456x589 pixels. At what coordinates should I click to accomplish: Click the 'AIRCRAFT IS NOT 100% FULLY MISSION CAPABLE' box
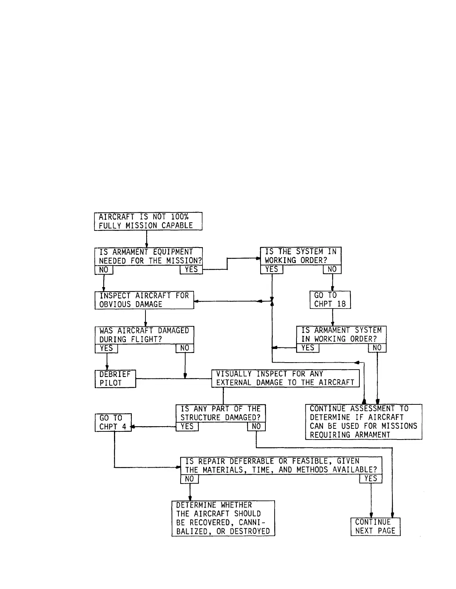pyautogui.click(x=148, y=221)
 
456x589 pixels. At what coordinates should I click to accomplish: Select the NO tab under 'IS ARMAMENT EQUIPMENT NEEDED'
pyautogui.click(x=104, y=270)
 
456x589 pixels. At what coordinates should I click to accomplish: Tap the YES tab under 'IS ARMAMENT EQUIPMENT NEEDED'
pyautogui.click(x=191, y=270)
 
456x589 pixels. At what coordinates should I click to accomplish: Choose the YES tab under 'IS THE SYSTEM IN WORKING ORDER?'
pyautogui.click(x=271, y=269)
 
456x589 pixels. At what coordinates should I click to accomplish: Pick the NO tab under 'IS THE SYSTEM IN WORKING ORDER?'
pyautogui.click(x=332, y=269)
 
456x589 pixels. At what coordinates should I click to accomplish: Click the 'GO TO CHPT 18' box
pyautogui.click(x=330, y=300)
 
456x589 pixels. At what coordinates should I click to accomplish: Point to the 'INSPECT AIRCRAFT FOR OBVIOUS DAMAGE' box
pyautogui.click(x=144, y=300)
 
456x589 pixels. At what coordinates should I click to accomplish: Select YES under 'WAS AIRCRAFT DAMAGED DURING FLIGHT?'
pyautogui.click(x=106, y=349)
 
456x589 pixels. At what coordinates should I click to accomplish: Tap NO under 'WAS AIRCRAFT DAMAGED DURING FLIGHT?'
pyautogui.click(x=185, y=348)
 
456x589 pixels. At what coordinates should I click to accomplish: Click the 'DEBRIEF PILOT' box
pyautogui.click(x=115, y=378)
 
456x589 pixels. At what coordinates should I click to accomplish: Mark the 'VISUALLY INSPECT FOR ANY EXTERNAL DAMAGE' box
pyautogui.click(x=285, y=378)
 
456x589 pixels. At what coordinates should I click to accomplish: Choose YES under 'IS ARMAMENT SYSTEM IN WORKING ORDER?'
pyautogui.click(x=308, y=348)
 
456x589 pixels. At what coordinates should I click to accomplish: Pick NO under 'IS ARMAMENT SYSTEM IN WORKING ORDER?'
pyautogui.click(x=377, y=348)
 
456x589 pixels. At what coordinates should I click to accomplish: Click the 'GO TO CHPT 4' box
pyautogui.click(x=113, y=423)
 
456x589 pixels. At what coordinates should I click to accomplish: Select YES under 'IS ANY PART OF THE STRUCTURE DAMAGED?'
pyautogui.click(x=187, y=427)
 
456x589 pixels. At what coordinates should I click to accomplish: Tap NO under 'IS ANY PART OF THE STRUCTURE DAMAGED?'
pyautogui.click(x=256, y=427)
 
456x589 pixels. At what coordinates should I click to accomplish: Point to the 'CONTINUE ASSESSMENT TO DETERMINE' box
pyautogui.click(x=363, y=422)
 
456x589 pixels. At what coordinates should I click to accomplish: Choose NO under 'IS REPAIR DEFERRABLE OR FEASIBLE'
pyautogui.click(x=190, y=479)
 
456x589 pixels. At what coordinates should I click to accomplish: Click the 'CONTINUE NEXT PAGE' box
pyautogui.click(x=375, y=526)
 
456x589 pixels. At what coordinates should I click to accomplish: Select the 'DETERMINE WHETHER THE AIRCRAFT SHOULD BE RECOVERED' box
pyautogui.click(x=223, y=518)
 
